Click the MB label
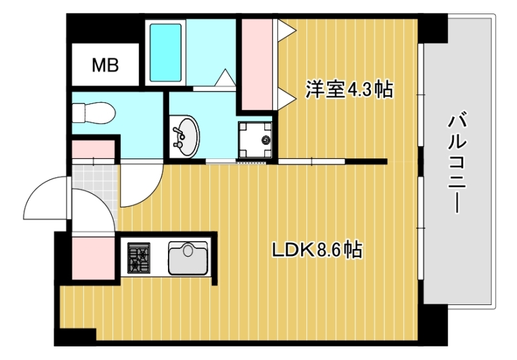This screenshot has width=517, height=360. (x=105, y=65)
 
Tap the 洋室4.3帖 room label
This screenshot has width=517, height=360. (x=349, y=90)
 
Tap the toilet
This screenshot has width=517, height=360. (x=94, y=113)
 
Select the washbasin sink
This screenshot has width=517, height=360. (x=185, y=136)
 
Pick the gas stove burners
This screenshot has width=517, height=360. (x=138, y=257)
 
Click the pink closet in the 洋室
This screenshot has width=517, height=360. (x=258, y=65)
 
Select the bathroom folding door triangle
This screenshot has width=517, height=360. (x=224, y=77)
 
